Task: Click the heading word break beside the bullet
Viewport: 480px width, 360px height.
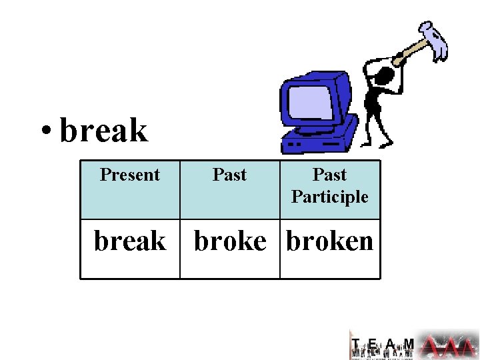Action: pyautogui.click(x=103, y=130)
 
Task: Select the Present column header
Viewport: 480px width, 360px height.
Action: pyautogui.click(x=130, y=175)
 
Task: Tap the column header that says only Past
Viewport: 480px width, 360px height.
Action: pyautogui.click(x=229, y=175)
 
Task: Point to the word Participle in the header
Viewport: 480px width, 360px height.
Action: pyautogui.click(x=329, y=197)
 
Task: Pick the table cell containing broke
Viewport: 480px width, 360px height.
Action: pyautogui.click(x=230, y=241)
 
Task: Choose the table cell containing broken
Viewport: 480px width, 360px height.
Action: pyautogui.click(x=330, y=241)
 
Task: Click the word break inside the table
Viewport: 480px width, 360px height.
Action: pyautogui.click(x=130, y=241)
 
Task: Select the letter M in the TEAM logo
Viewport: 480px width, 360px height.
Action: pyautogui.click(x=409, y=344)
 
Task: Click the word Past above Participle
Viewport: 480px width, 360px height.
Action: pyautogui.click(x=329, y=175)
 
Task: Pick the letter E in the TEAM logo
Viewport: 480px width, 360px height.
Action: pyautogui.click(x=373, y=344)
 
